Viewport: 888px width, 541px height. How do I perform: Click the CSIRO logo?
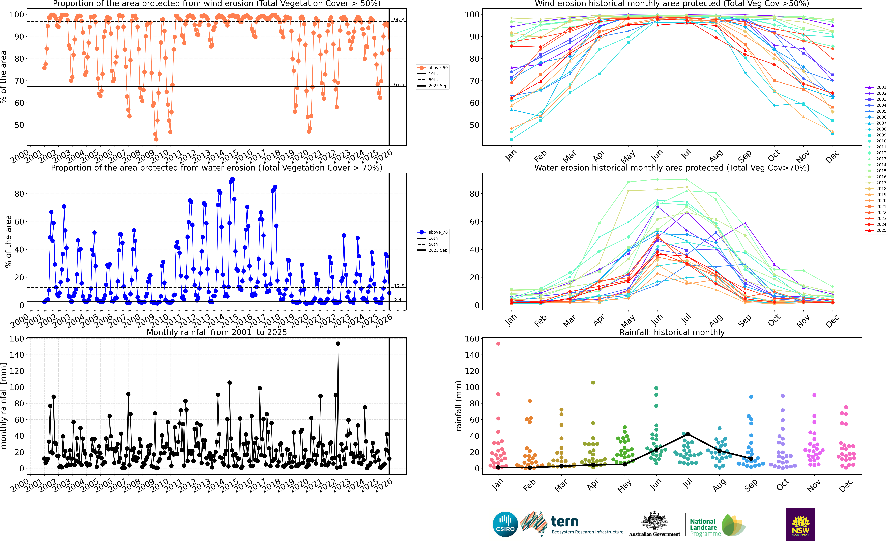pos(505,524)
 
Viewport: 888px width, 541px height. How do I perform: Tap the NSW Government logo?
pos(800,524)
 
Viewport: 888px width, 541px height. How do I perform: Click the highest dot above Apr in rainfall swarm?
pos(593,382)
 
